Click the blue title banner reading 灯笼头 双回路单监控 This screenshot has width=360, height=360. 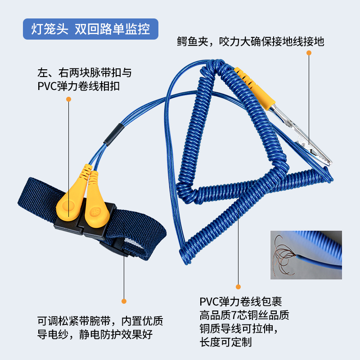[90, 29]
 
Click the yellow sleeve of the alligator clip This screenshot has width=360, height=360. [255, 88]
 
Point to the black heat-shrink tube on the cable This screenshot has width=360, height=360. [114, 135]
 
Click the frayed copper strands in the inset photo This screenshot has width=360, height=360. [284, 255]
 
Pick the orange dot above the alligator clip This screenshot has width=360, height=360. [309, 53]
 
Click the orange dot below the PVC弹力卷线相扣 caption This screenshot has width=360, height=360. [68, 99]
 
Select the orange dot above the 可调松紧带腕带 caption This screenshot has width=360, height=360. [124, 301]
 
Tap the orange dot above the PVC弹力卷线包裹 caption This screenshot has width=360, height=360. [238, 287]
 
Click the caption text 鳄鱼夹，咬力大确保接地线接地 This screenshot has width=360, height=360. [251, 41]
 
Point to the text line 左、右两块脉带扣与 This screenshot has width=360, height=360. [85, 73]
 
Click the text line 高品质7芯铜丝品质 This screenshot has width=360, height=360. [244, 315]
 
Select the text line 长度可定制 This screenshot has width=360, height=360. [225, 342]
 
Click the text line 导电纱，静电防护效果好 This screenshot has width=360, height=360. [95, 334]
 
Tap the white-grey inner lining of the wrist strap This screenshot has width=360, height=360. [132, 244]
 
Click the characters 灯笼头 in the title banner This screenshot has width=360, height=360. [49, 29]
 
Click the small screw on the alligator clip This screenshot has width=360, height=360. [303, 144]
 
